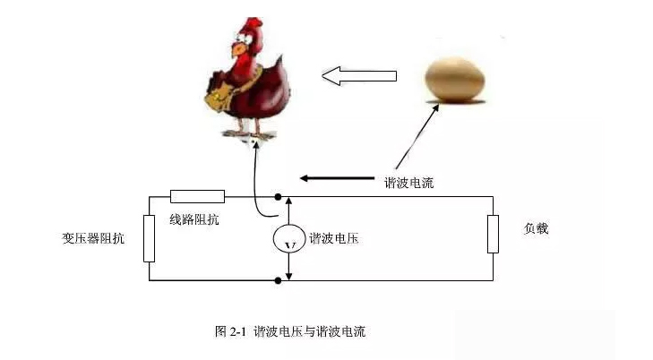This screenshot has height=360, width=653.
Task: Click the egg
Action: coord(455,80)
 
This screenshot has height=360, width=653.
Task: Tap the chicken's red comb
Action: coord(253,26)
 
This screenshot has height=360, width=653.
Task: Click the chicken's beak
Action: coord(237,49)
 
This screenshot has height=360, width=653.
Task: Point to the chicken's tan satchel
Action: coord(219,97)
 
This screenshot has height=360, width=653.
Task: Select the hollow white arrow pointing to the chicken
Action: coord(359,76)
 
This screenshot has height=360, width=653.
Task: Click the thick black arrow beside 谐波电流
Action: coord(338,178)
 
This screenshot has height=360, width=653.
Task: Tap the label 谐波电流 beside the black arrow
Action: coord(409,183)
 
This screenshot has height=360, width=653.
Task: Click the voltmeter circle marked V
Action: coord(289,238)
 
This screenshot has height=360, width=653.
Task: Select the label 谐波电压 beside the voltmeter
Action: coord(333,238)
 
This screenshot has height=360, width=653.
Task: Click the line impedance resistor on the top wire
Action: coord(197,196)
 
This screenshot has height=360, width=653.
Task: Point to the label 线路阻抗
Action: coord(194,219)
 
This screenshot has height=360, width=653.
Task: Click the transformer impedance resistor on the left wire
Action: coord(149,238)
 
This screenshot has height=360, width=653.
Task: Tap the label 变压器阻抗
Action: coord(93,238)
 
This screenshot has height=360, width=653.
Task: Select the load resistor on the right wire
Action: coord(493,234)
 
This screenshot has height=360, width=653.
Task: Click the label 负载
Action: coord(536,228)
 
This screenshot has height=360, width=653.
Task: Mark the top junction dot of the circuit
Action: coord(279,197)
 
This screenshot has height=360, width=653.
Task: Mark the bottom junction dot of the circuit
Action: coord(279,280)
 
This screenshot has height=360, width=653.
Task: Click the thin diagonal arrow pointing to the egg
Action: coord(417,136)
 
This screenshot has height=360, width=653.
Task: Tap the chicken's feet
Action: coord(249,134)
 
